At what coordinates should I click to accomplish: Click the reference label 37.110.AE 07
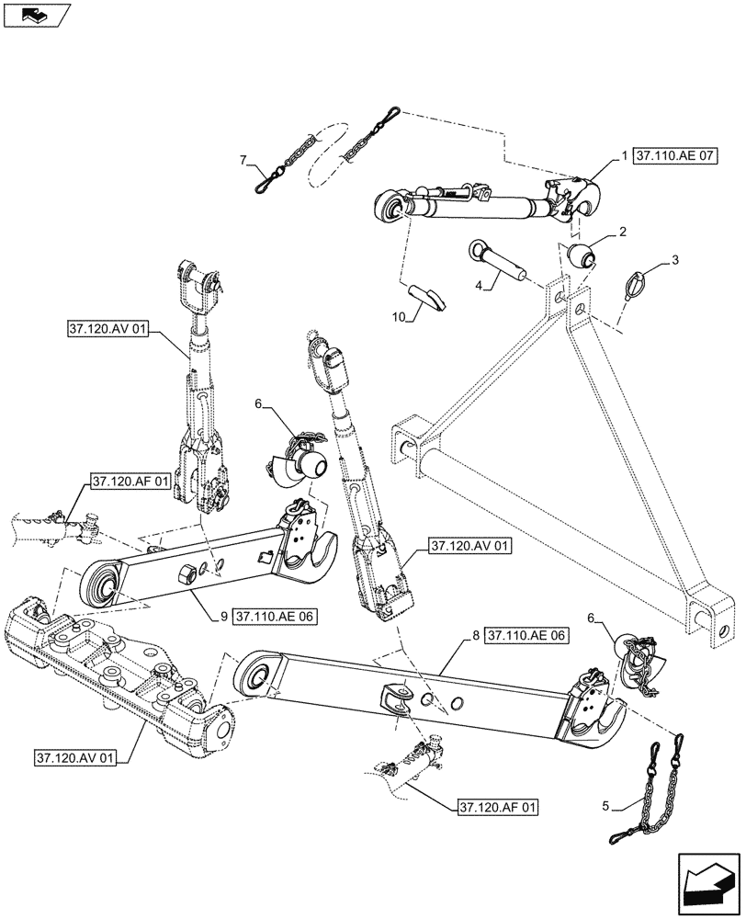pyautogui.click(x=674, y=157)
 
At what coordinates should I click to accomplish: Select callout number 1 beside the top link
pyautogui.click(x=624, y=157)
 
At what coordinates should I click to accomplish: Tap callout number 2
pyautogui.click(x=624, y=233)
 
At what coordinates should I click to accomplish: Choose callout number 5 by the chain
pyautogui.click(x=605, y=807)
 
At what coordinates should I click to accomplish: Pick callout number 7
pyautogui.click(x=243, y=161)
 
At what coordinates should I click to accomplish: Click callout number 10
pyautogui.click(x=398, y=317)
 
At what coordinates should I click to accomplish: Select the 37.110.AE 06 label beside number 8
pyautogui.click(x=527, y=635)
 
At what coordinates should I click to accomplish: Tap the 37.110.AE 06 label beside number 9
pyautogui.click(x=275, y=617)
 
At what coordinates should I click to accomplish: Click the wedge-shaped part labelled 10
pyautogui.click(x=428, y=297)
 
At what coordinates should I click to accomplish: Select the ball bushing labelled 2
pyautogui.click(x=581, y=256)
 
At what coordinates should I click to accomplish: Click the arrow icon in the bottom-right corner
pyautogui.click(x=707, y=881)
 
